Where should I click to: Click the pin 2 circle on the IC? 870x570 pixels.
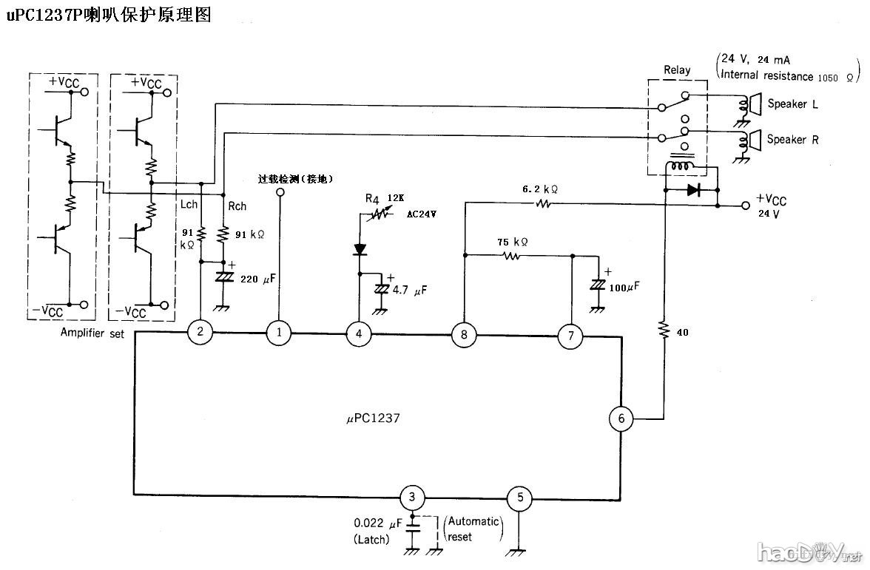200,332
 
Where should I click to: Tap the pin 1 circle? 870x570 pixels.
279,332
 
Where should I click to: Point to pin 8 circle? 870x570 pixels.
464,335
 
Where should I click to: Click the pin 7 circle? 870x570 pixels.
570,336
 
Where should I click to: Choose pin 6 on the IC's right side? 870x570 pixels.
621,418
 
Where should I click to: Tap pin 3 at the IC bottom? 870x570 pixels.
412,497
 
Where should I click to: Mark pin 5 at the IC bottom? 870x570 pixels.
519,497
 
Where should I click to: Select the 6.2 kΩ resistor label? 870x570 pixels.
540,189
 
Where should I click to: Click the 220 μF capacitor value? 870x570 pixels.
259,279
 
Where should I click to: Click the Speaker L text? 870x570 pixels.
792,104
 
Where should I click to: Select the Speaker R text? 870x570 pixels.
792,139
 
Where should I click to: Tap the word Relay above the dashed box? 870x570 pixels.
677,70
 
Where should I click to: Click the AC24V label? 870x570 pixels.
421,213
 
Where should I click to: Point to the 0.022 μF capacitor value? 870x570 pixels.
377,522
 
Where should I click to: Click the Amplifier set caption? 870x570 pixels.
92,334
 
